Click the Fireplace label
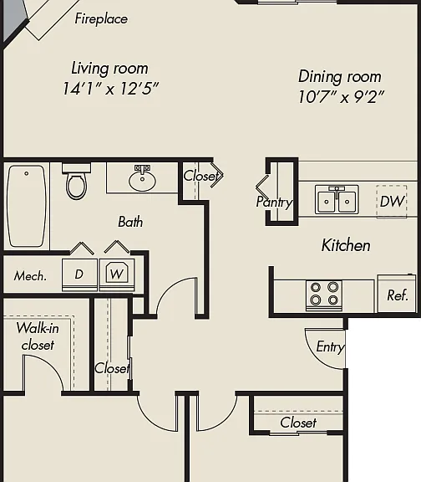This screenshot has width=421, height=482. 101,18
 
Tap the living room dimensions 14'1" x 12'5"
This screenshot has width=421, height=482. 110,89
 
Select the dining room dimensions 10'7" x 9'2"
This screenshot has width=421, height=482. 341,97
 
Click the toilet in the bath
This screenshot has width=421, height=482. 76,182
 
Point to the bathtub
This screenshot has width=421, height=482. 27,206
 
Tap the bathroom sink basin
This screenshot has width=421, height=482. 142,181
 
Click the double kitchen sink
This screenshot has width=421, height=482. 337,199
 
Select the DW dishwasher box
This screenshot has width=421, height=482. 392,202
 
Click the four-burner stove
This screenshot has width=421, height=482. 324,295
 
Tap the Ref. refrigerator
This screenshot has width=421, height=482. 397,294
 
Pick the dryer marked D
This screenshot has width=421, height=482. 80,274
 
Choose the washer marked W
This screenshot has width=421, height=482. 117,274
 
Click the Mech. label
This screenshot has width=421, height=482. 30,276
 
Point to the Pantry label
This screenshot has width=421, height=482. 274,203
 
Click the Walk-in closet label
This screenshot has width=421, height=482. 38,336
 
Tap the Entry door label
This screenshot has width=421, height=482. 330,346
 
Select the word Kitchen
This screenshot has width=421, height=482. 346,245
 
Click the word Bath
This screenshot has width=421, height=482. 130,222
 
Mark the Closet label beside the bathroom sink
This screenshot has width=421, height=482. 201,176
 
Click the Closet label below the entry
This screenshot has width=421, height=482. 298,423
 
